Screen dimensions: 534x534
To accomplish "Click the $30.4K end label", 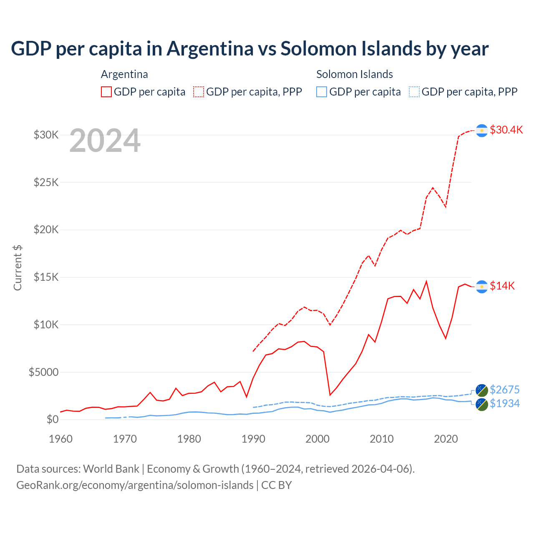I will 506,130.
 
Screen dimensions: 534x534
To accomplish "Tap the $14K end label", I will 502,286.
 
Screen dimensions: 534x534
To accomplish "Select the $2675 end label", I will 504,390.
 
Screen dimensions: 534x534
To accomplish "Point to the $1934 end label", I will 504,403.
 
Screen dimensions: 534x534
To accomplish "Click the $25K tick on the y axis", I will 46,182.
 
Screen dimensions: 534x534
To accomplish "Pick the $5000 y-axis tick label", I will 43,372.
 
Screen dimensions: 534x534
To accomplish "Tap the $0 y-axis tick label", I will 52,419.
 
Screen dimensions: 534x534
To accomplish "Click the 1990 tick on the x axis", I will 253,439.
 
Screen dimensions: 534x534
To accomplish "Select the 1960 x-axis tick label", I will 61,439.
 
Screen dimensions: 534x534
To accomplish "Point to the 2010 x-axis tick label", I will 382,439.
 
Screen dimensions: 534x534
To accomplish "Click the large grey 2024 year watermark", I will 105,141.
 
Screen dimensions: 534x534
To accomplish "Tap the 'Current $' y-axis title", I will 18,267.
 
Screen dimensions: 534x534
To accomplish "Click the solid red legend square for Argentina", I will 106,92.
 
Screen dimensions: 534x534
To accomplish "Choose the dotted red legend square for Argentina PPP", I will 199,92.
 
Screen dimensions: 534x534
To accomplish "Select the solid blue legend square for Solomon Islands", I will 322,92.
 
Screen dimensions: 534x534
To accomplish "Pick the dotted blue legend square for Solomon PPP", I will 414,92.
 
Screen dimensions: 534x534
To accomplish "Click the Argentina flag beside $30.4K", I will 482,131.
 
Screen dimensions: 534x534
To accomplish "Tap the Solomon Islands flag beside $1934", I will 482,404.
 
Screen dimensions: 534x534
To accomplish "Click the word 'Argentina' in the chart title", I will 210,49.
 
